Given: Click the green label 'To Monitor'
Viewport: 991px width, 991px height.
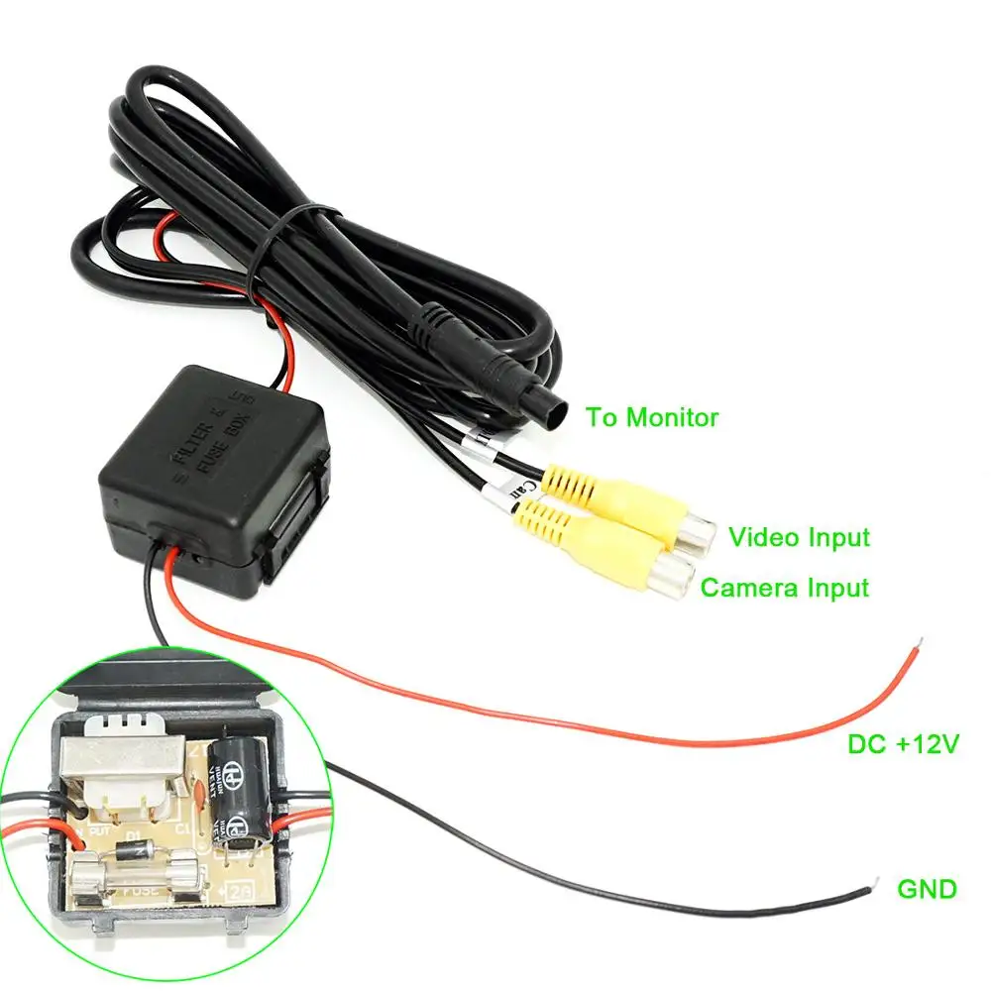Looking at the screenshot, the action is tap(651, 417).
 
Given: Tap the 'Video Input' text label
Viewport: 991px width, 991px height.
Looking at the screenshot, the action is tap(799, 537).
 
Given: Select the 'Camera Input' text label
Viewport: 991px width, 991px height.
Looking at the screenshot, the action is tap(784, 588).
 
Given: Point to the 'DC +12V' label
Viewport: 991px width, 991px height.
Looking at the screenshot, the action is tap(903, 744).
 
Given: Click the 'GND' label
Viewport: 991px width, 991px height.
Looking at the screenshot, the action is tap(927, 889).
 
